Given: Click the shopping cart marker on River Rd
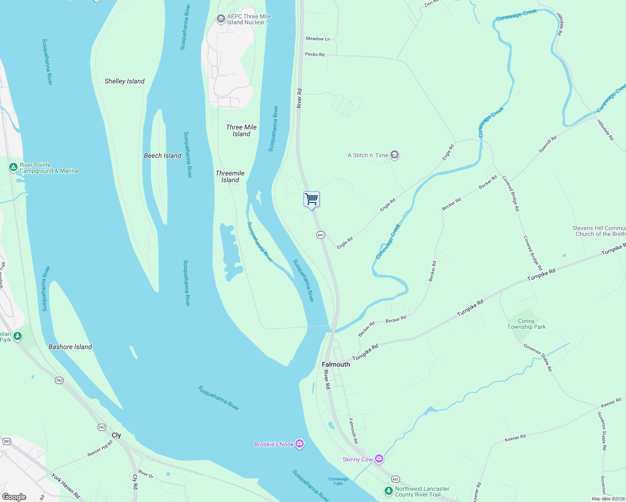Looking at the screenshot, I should pos(311,200).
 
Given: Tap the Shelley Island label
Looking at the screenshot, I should pos(124,81).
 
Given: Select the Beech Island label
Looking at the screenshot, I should pos(162,156).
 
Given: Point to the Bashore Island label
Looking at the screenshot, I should pos(70,347).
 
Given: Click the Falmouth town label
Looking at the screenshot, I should pos(336,364).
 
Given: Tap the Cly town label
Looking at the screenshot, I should pos(116,435).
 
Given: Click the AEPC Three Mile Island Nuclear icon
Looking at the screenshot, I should pos(221,19).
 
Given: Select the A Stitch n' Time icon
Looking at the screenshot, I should pos(394,155).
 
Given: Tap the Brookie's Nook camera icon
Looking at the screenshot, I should pos(299,444).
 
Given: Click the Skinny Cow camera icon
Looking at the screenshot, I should pos(379,459).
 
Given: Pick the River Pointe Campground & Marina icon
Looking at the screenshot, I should pos(13,168).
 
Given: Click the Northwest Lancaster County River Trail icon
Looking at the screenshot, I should pos(389,490).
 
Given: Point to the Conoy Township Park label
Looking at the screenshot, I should pos(526,324).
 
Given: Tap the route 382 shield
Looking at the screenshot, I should pos(6,441).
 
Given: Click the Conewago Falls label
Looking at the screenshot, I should pos(338,481).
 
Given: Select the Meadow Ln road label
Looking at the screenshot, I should pos(318,39).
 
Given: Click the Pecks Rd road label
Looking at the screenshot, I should pos(315,54).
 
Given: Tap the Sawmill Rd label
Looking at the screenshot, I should pos(547,144).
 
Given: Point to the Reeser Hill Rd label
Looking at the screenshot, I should pos(100,448).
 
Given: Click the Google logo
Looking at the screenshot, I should pos(14,497).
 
